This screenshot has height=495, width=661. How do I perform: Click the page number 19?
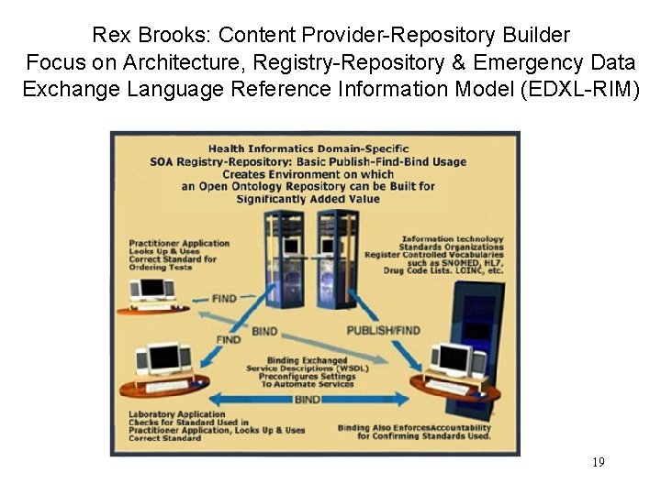[599, 462]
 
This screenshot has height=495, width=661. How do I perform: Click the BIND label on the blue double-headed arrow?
[308, 401]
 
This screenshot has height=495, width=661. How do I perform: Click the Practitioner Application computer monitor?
[151, 289]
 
